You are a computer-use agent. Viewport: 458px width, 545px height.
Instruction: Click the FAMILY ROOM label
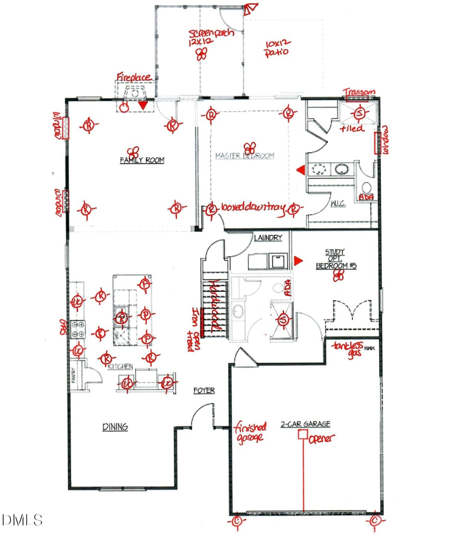[142, 160]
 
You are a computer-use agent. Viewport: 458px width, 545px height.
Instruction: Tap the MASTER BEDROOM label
[244, 155]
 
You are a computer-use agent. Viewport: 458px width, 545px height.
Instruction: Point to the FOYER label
[204, 391]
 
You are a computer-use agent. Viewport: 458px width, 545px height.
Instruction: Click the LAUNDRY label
[268, 237]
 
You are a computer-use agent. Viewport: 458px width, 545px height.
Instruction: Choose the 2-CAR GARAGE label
[305, 424]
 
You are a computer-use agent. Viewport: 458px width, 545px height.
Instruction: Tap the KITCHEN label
[121, 367]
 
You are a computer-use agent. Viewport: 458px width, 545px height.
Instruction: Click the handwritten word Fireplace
[133, 77]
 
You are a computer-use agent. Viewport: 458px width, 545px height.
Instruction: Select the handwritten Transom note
[359, 92]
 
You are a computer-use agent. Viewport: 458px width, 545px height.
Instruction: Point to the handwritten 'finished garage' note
[249, 432]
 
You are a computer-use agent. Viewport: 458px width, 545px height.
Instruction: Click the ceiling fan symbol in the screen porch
[202, 53]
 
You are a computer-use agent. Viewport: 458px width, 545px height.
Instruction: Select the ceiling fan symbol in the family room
[133, 151]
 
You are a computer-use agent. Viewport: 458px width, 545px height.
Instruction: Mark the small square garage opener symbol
[303, 434]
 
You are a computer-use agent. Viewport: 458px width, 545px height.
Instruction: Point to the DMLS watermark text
[22, 520]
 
